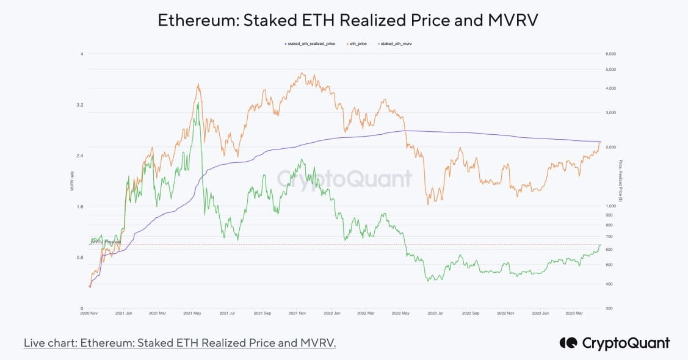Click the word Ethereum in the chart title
coord(198,20)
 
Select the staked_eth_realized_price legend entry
coord(310,44)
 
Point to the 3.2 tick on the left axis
coord(80,105)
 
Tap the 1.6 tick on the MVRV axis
coord(80,206)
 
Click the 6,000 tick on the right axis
coord(610,54)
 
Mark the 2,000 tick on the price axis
coord(610,147)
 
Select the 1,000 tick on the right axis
coord(610,206)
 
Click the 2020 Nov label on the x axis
coord(89,313)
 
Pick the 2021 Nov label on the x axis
coord(297,313)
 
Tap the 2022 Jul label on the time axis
coord(435,313)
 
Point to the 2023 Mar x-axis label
coord(574,313)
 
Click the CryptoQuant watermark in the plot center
coord(345,179)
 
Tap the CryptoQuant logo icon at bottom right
coord(568,343)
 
